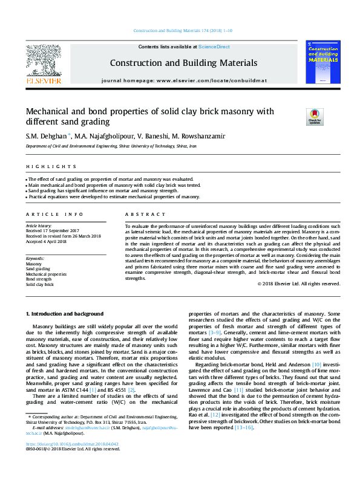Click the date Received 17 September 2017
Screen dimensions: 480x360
[53, 231]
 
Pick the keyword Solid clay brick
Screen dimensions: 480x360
[40, 284]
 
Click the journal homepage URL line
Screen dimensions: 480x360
[183, 80]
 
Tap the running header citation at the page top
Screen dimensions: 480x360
[180, 31]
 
